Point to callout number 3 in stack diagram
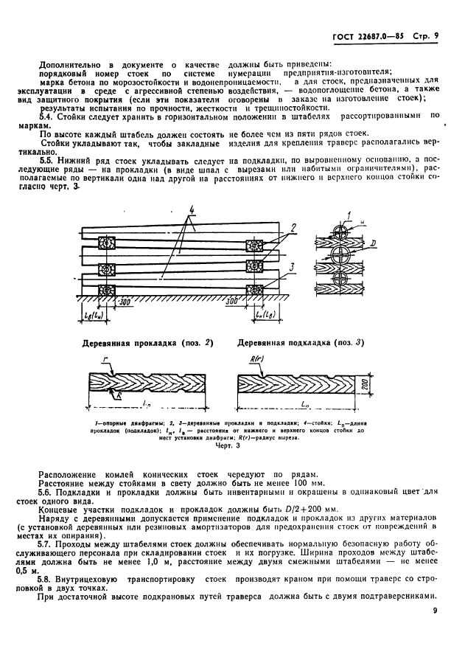coord(293,266)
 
